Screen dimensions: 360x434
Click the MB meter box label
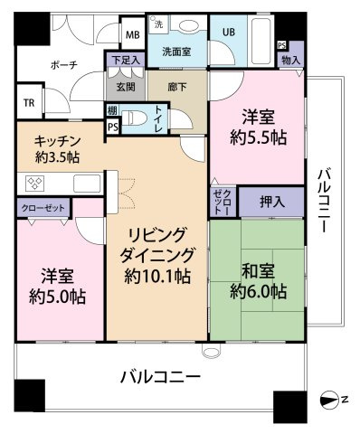click(x=133, y=35)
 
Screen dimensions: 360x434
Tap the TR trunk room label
click(x=29, y=103)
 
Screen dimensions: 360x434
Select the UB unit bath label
click(x=229, y=32)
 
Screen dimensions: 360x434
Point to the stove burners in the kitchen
click(x=35, y=183)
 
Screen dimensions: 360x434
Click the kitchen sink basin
click(x=87, y=183)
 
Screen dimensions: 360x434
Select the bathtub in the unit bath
click(x=261, y=41)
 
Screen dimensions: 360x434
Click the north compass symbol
click(x=329, y=401)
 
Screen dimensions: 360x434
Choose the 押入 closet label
click(x=272, y=202)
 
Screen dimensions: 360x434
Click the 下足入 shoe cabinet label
click(x=126, y=60)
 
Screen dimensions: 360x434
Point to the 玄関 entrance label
click(x=126, y=87)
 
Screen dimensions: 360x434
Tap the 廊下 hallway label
click(x=177, y=87)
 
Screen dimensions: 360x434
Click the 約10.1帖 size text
click(x=157, y=276)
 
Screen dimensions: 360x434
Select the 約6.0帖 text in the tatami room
click(x=258, y=291)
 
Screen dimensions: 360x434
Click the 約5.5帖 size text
click(x=258, y=138)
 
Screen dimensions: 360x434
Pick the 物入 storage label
click(x=291, y=61)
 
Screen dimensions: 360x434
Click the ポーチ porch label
click(x=64, y=64)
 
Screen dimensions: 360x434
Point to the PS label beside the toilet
click(x=113, y=127)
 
